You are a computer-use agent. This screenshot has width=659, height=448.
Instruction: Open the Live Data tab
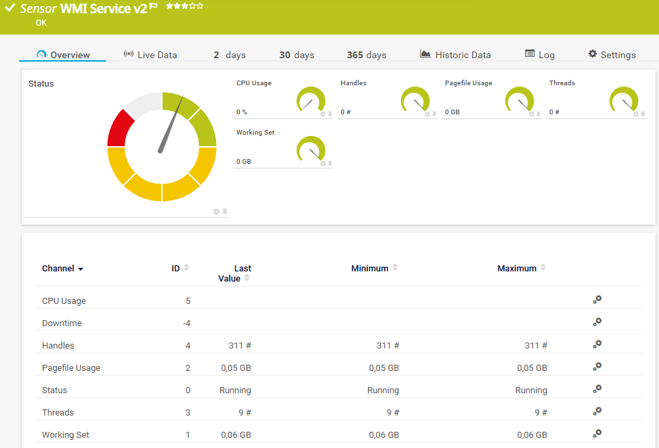[150, 55]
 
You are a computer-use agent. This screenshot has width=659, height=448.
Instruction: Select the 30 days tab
[297, 55]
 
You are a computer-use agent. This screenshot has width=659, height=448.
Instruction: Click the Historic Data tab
[455, 55]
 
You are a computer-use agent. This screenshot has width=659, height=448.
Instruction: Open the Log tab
[540, 55]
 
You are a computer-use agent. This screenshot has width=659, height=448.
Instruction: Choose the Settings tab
[612, 55]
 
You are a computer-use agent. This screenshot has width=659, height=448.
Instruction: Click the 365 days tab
[366, 55]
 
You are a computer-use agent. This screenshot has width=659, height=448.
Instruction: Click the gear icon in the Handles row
[597, 344]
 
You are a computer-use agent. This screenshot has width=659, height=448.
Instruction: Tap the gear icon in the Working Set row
[597, 434]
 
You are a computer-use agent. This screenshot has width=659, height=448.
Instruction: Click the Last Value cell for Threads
[245, 412]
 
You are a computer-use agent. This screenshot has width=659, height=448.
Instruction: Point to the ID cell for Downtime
[187, 323]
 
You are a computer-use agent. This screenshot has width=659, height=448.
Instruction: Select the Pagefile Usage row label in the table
[71, 367]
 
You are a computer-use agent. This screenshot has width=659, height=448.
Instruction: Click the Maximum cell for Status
[531, 390]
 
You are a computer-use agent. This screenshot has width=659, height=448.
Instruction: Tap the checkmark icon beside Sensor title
[10, 7]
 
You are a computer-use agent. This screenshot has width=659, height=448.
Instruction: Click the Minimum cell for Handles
[388, 346]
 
